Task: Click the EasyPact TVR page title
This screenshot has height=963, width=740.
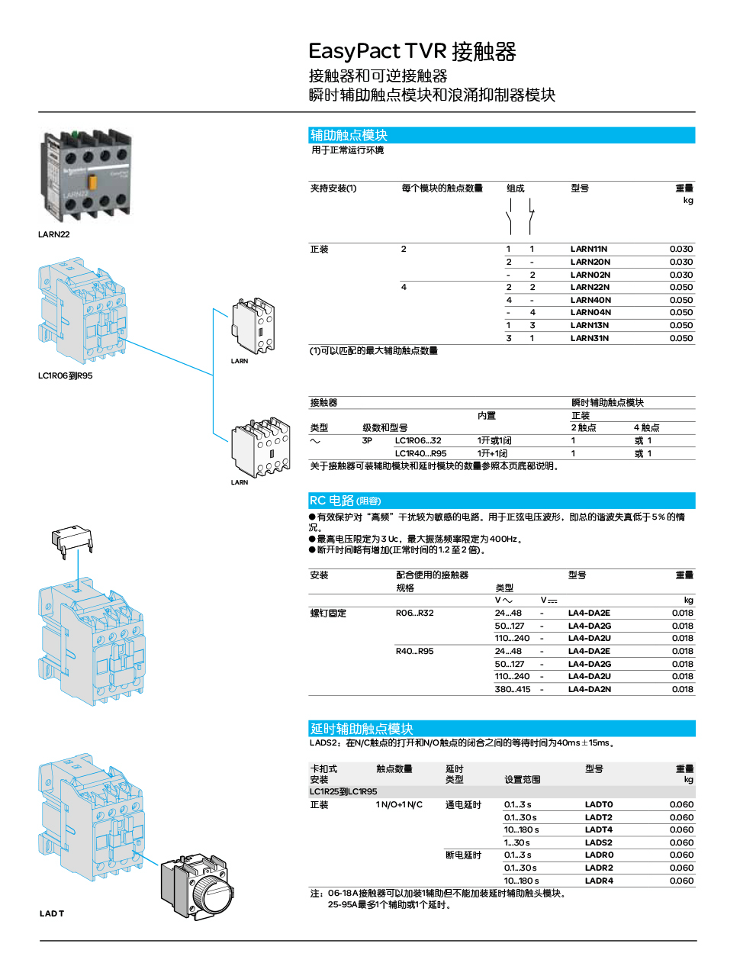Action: click(x=412, y=52)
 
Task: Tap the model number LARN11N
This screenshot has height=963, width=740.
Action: click(x=589, y=250)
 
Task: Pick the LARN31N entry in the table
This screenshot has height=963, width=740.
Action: click(x=589, y=338)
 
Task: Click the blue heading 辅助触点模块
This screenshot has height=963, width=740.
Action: click(x=349, y=135)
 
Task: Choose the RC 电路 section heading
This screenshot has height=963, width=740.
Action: click(x=345, y=501)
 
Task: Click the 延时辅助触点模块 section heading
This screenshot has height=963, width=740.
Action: click(x=362, y=729)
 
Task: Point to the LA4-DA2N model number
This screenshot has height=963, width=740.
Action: click(x=589, y=689)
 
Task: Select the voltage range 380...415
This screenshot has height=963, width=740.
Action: click(x=512, y=689)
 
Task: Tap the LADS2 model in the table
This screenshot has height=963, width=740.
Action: click(x=598, y=842)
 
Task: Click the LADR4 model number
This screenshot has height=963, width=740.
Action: click(x=599, y=881)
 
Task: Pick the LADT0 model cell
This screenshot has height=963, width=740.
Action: click(x=599, y=804)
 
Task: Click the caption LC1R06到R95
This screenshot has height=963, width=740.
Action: click(x=65, y=375)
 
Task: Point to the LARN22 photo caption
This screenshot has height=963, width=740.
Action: click(x=53, y=234)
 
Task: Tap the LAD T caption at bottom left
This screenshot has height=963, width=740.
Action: click(x=52, y=913)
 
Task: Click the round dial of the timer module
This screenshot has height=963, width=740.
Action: click(x=210, y=893)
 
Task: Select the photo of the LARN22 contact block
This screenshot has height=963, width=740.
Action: click(x=87, y=176)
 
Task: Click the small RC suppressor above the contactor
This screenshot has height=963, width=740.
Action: click(x=72, y=539)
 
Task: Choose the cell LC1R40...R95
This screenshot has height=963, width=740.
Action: click(x=420, y=453)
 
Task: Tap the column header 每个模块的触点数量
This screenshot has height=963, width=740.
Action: click(x=442, y=188)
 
